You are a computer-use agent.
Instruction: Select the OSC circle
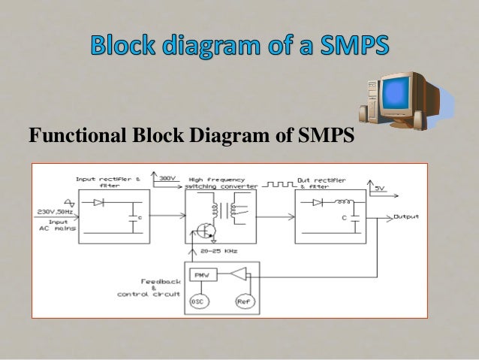point(198,302)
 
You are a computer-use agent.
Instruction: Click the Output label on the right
point(406,216)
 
